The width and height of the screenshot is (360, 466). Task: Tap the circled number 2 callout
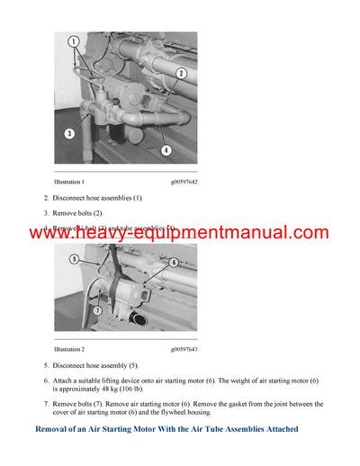click(x=181, y=73)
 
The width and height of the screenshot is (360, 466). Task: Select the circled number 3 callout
click(x=69, y=133)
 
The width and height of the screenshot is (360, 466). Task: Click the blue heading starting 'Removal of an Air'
click(x=166, y=429)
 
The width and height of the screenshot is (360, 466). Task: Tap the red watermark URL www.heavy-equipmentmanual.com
click(x=179, y=233)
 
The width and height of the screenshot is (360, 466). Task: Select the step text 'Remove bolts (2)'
click(x=82, y=213)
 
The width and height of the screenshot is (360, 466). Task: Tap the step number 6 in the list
click(x=46, y=381)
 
